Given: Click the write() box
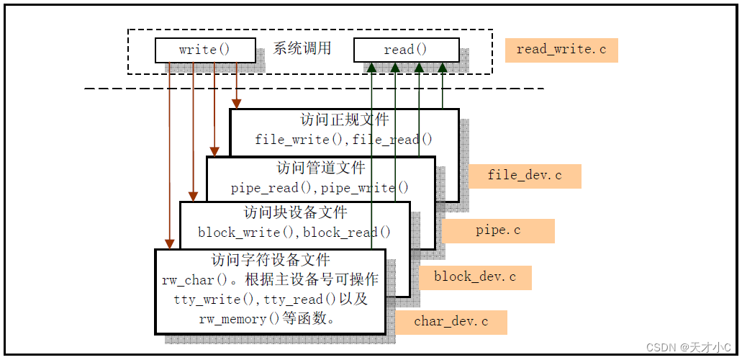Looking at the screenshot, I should coord(205,50).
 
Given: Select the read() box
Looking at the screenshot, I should coord(406,50).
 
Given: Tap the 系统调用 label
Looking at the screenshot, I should coord(302,49).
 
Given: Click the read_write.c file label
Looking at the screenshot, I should coord(561,50).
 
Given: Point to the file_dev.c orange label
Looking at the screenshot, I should coord(525,176).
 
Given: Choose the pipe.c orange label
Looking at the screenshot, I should coord(498,231).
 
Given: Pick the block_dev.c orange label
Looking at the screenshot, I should coord(474,277).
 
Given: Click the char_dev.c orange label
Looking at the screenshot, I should coord(451,322).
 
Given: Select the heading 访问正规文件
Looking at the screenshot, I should coord(345,120).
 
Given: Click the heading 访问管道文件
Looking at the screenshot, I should coord(321,168).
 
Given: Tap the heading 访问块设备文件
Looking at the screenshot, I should coord(295,212).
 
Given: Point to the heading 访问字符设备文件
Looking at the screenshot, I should coord(270,259).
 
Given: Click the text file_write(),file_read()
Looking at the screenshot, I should coord(345,140).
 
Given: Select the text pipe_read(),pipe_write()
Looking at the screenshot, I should coord(320,188).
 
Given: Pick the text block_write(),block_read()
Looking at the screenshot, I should coord(294,232).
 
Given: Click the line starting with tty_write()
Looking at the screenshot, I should coord(270,300).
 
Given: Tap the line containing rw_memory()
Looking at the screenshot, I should coord(270,319).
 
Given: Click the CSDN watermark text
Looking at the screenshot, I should coord(688,347).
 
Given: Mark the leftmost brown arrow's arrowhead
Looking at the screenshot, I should coord(169,243).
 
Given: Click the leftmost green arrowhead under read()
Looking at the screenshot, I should coord(372,67).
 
